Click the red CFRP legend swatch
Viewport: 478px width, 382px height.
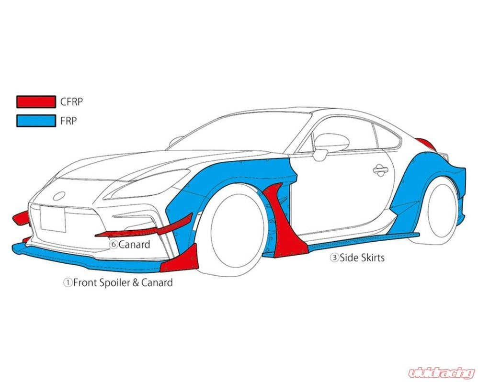tap(36, 101)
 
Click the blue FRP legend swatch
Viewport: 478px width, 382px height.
tap(36, 121)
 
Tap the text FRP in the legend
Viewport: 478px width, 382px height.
tap(68, 121)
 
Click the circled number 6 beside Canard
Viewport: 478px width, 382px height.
tap(114, 245)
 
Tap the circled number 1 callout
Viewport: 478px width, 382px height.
tap(68, 283)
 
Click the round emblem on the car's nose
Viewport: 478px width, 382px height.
tap(60, 195)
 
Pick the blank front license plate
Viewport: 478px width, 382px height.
tap(53, 219)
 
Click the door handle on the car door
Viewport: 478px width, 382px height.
tap(381, 169)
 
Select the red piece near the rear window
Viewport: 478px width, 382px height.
tap(425, 143)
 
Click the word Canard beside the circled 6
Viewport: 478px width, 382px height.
tap(134, 245)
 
